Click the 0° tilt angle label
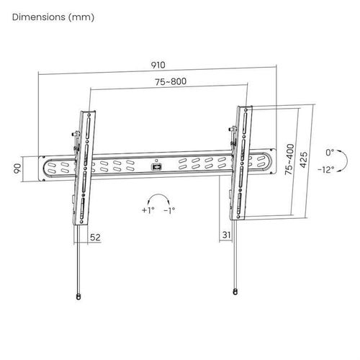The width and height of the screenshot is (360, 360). click(330, 153)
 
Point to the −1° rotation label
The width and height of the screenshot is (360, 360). click(169, 210)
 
